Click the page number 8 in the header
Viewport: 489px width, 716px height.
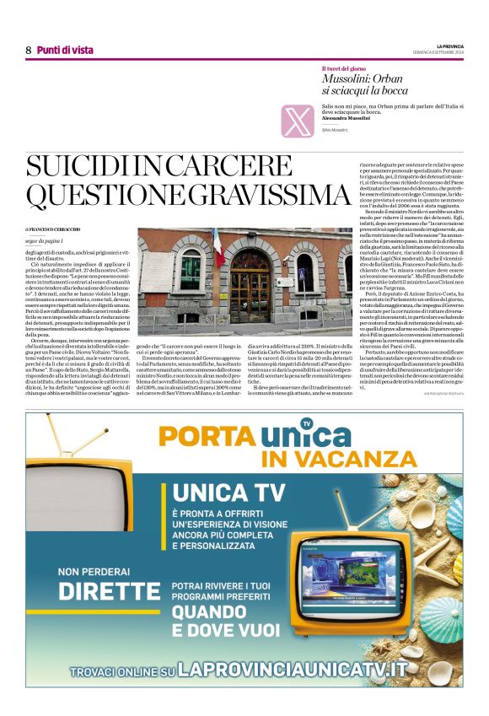coord(28,51)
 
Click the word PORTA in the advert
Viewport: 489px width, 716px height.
coord(207,436)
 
